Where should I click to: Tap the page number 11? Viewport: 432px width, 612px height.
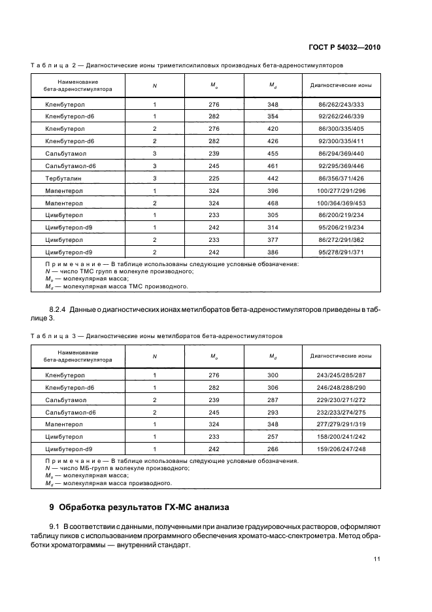point(377,558)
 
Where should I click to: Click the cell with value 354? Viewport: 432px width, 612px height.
point(273,116)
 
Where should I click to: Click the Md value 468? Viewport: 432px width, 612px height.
point(273,203)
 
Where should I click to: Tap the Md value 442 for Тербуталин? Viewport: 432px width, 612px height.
point(273,178)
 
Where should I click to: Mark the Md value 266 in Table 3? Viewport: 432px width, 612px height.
point(273,449)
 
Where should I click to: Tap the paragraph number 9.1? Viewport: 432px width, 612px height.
point(55,526)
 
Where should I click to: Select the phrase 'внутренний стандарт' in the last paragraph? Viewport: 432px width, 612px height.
point(158,544)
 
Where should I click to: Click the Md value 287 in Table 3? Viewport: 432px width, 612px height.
point(273,399)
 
